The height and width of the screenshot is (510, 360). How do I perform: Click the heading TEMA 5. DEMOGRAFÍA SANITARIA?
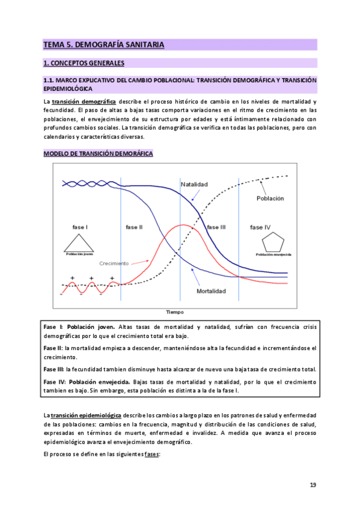coord(103,44)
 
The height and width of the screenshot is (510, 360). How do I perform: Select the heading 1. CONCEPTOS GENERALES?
coord(84,63)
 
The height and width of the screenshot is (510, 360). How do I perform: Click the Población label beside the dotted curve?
coord(270,198)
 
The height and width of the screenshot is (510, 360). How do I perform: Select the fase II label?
coord(134,227)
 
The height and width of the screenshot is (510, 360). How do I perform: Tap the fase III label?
coord(216,227)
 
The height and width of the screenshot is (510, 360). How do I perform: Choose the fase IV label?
coord(260,227)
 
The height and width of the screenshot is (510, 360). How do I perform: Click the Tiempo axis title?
coord(175,312)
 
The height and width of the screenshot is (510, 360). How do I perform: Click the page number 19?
coord(313,485)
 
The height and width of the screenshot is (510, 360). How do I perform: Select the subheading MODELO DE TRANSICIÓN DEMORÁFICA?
coord(98,154)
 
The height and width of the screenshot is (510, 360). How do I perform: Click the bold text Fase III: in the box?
coord(54,369)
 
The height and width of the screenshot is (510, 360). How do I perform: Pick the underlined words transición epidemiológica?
coord(87,416)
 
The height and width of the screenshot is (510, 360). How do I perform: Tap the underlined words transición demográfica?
coord(84,102)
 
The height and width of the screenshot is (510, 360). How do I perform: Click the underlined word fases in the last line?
coord(151,454)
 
